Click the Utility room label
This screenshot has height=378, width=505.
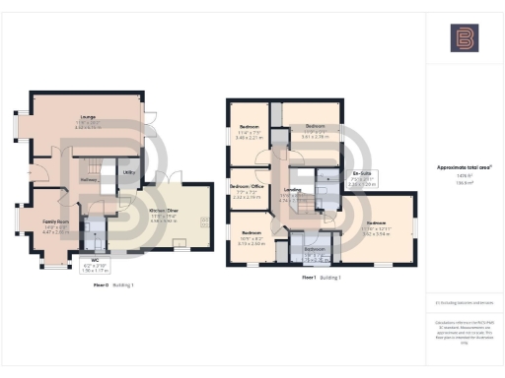128,172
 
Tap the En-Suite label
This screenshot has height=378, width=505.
360,173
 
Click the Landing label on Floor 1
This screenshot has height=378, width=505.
292,190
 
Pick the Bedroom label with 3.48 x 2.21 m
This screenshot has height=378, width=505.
249,128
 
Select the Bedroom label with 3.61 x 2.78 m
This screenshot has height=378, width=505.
315,128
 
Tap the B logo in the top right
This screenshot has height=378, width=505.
464,39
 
